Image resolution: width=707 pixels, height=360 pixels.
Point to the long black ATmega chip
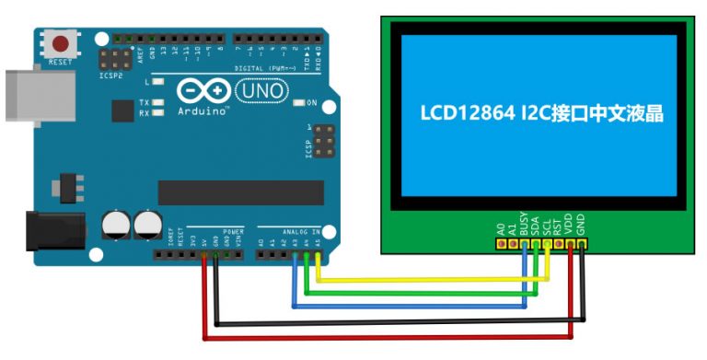(240, 192)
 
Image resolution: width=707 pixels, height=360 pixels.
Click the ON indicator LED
(300, 102)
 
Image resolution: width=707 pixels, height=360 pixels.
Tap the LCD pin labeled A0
(502, 245)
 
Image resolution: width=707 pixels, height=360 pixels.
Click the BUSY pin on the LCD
(525, 245)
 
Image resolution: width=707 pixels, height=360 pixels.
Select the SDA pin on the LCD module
(536, 245)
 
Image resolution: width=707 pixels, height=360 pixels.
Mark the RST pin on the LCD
(559, 245)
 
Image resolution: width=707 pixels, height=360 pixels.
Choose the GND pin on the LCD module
(582, 245)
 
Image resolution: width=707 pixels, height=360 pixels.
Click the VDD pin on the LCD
(571, 245)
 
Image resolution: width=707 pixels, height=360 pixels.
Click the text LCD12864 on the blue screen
(464, 114)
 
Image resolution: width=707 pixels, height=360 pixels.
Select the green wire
(423, 292)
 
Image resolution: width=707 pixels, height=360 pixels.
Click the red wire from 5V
(387, 337)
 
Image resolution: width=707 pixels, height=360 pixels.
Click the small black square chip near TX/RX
(122, 111)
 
